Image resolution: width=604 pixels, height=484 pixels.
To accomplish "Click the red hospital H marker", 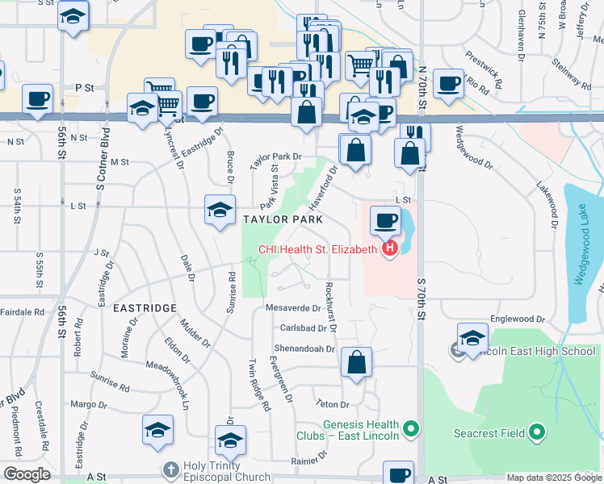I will [391, 249].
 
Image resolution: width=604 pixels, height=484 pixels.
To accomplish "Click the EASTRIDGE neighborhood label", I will [145, 308].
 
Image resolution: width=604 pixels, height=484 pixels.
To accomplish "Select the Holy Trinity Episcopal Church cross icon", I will [170, 469].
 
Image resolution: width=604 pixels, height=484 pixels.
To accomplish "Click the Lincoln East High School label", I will [533, 351].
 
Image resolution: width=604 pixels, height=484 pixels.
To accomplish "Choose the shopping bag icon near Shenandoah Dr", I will [356, 363].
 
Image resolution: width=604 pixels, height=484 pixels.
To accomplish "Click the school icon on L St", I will [220, 211].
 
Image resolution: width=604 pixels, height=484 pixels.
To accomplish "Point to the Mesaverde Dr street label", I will [294, 307].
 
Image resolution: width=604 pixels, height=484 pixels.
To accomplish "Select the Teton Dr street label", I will [333, 404].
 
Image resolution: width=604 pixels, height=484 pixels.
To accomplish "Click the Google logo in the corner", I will [27, 474].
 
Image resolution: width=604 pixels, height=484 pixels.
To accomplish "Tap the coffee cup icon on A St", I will [397, 474].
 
